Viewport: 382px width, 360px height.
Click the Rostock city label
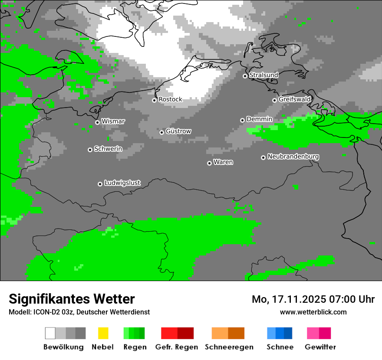[x=170, y=99]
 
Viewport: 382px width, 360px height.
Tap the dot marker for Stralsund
[x=245, y=76]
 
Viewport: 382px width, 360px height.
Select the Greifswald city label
[x=294, y=99]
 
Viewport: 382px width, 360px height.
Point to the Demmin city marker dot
[x=242, y=120]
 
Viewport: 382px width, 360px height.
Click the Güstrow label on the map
[x=178, y=131]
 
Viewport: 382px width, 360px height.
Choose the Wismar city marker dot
[x=97, y=122]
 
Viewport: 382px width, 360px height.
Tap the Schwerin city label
[x=108, y=149]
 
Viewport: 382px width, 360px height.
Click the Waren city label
[x=223, y=162]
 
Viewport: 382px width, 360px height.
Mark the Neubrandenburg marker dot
[x=263, y=157]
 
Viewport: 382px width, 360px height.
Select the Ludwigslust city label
[x=122, y=183]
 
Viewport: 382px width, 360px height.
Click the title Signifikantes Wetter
[x=72, y=299]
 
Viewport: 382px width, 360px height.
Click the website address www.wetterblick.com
[x=313, y=312]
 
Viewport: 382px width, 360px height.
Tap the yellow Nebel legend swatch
[x=103, y=333]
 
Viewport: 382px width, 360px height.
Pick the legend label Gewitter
[x=320, y=347]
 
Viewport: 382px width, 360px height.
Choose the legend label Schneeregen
[x=229, y=347]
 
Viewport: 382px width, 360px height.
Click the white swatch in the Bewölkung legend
[x=50, y=333]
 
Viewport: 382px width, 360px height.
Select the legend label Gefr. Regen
[x=176, y=347]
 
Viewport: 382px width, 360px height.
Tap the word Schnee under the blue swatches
[x=280, y=347]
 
